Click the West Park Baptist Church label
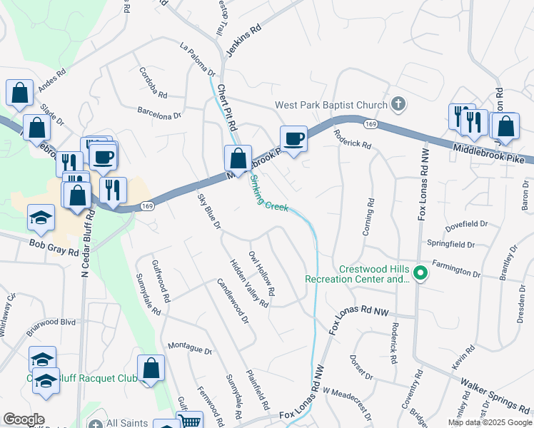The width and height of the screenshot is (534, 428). click(x=331, y=106)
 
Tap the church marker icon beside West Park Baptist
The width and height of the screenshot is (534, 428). click(x=399, y=105)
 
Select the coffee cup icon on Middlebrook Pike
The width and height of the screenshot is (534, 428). click(x=293, y=138)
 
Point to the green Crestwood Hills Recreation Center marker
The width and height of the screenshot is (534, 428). click(x=421, y=272)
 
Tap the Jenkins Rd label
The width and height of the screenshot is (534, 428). click(x=243, y=41)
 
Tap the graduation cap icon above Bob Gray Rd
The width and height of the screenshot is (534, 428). click(x=41, y=218)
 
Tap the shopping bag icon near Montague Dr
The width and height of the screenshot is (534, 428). click(x=151, y=369)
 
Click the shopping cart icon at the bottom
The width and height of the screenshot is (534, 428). click(x=190, y=422)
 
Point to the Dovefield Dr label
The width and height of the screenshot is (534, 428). click(x=466, y=225)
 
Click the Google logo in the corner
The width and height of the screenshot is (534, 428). click(x=24, y=419)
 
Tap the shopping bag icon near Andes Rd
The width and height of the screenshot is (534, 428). click(x=19, y=92)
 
